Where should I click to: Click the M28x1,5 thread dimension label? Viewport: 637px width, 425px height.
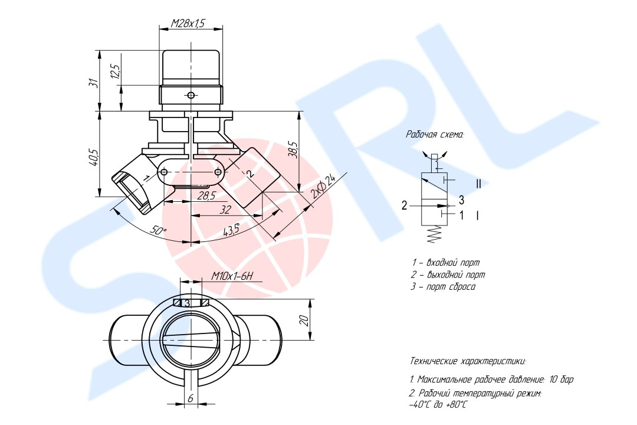coord(188,24)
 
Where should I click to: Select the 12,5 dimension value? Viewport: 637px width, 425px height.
coord(115,71)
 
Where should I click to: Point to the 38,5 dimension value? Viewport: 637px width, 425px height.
coord(294,149)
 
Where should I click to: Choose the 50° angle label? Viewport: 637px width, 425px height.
coord(159,230)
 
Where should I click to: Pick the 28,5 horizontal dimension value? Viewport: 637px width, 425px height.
coord(206,196)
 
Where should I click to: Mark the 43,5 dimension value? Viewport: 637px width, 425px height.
coord(231,230)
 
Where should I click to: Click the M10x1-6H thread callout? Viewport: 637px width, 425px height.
coord(232,277)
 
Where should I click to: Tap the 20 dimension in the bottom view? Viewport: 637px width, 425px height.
coord(305,320)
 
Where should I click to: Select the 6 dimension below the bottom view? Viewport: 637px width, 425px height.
coord(190,398)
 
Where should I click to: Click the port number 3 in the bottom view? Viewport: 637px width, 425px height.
coord(188,303)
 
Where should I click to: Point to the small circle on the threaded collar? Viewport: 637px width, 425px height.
coord(191,95)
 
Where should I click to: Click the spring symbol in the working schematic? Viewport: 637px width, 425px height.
coord(435,234)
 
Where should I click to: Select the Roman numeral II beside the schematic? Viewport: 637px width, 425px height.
coord(478,184)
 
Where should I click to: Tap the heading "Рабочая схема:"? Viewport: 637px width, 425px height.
coord(435,135)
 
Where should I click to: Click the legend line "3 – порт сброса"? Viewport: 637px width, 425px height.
coord(443,287)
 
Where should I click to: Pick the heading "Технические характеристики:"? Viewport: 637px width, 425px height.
coord(468,361)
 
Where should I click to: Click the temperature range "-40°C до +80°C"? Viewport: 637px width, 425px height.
coord(438,405)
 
